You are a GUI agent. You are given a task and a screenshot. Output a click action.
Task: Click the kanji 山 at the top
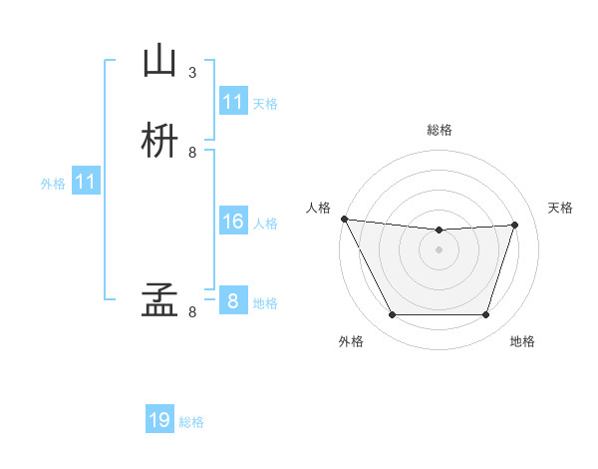160,62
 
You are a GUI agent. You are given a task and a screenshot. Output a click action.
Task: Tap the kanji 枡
160,141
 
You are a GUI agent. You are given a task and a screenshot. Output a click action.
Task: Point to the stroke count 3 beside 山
192,72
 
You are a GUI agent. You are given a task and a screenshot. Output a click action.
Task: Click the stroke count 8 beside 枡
192,152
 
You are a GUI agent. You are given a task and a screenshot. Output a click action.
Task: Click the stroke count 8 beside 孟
192,311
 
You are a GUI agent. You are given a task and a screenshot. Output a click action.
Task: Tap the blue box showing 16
232,222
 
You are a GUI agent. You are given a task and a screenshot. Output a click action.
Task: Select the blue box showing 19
159,420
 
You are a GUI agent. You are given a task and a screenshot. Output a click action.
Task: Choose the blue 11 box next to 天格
232,102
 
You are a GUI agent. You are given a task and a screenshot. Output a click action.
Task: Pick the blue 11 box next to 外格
86,182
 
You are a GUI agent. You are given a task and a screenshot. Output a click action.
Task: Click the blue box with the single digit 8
232,300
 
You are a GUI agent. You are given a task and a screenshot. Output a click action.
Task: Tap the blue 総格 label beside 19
191,422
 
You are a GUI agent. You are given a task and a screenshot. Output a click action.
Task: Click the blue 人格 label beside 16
265,224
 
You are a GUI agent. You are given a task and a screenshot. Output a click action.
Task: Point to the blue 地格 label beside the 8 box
265,303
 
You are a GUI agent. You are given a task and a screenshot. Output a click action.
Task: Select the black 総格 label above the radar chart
439,130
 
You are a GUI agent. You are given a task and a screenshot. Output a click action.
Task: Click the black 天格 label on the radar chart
560,208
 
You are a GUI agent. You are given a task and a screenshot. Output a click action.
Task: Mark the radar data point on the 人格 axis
344,219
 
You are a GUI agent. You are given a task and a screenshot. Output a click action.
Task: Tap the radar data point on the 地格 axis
485,315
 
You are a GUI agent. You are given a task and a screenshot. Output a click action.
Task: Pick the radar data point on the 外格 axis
392,315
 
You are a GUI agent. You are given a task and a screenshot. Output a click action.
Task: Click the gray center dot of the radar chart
439,249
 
